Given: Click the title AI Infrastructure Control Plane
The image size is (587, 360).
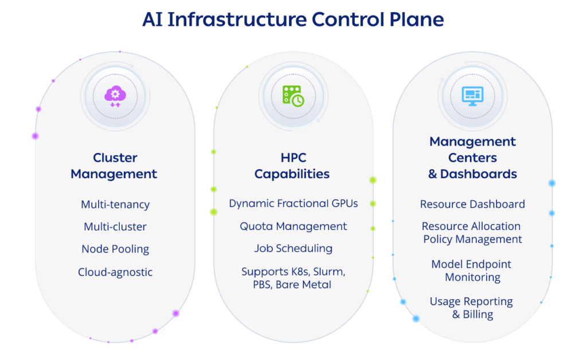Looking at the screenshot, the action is point(293,19).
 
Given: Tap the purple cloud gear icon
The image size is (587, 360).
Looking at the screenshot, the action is point(115,96).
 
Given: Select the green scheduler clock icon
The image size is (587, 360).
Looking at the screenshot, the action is point(293,96).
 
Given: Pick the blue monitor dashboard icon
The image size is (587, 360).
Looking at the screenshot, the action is point(472,96).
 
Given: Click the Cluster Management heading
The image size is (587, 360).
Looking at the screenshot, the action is point(114,166).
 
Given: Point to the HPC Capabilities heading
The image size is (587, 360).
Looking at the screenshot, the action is point(292,166).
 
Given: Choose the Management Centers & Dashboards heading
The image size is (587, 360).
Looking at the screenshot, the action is point(472,158).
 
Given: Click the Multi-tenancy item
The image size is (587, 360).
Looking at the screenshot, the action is point(115,204).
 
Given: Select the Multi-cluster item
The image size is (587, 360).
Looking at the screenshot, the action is point(115,226).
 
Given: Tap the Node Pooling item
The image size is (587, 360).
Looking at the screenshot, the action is point(115,249).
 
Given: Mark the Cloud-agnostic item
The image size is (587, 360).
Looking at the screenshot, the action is point(115,272).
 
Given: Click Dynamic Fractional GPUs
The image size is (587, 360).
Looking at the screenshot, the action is point(293,203).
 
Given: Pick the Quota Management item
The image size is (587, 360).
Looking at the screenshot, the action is point(293,226).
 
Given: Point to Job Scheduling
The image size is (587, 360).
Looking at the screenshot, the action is point(293,248).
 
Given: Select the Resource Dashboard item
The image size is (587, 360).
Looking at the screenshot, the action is point(472,204).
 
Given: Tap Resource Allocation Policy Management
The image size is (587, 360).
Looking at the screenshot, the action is point(472,233).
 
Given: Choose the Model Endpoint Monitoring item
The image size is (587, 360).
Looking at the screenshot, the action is point(472,271).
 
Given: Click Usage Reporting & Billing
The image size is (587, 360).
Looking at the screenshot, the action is point(472,308).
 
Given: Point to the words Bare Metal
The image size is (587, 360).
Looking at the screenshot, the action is point(304,284).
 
